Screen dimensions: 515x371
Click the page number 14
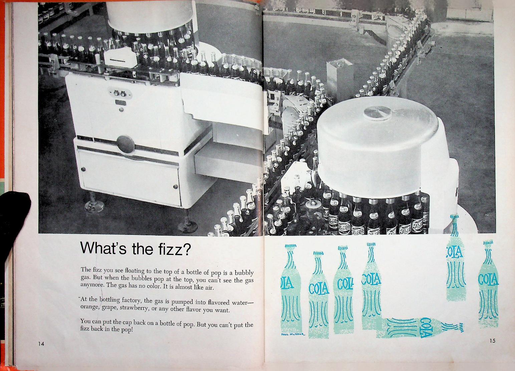click(41, 344)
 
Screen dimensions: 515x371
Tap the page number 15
click(492, 341)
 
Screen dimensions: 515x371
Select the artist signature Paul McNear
click(293, 334)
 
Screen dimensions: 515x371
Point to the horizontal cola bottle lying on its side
click(420, 327)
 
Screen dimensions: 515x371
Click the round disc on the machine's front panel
click(125, 144)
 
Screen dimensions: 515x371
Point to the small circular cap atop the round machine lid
click(377, 113)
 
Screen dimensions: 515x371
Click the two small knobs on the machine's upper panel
click(120, 93)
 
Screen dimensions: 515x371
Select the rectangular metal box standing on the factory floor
click(340, 77)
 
